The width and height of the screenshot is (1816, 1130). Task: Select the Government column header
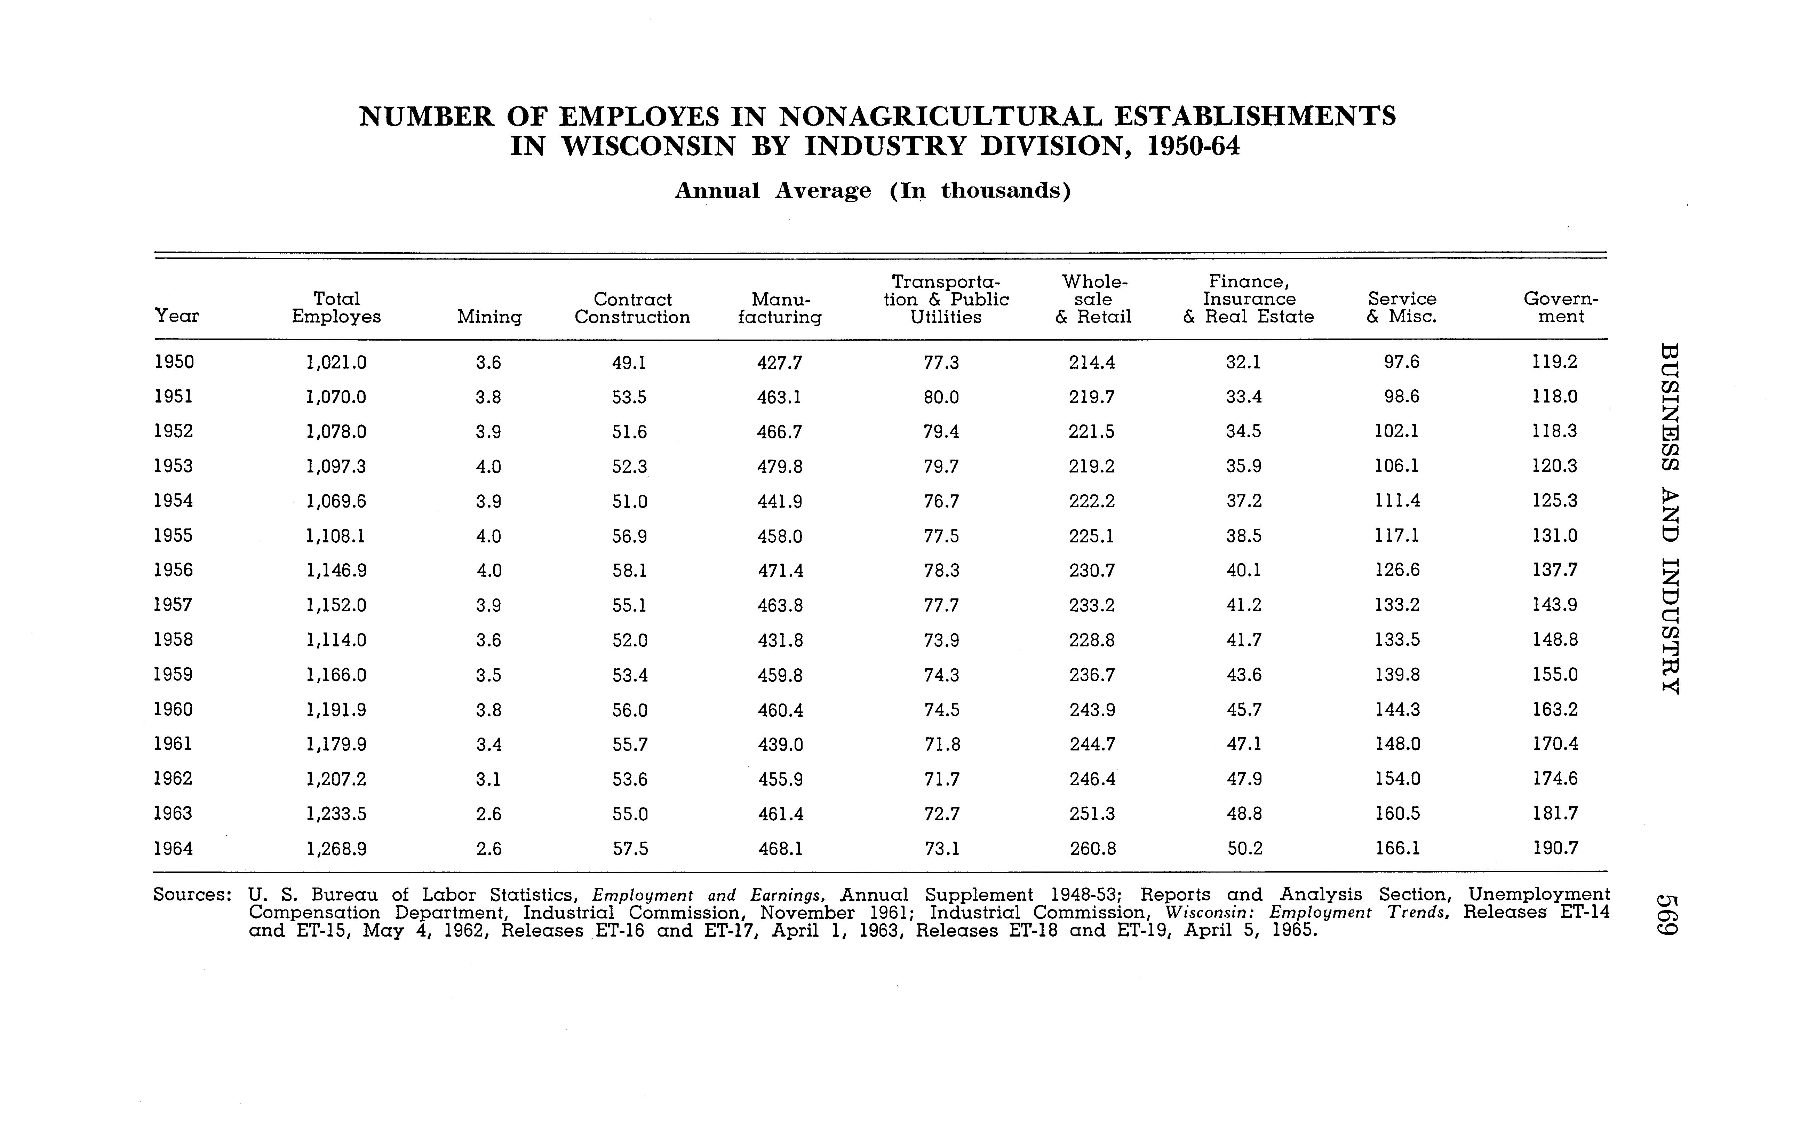coord(1560,308)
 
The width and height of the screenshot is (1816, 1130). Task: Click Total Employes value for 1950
coord(336,363)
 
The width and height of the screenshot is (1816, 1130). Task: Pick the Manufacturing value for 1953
coord(780,466)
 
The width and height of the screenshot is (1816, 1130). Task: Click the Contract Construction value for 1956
coord(629,570)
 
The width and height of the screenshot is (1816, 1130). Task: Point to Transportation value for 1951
coord(941,397)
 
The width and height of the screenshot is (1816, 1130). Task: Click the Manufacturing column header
coord(780,308)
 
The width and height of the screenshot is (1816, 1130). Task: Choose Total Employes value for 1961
coord(336,745)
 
